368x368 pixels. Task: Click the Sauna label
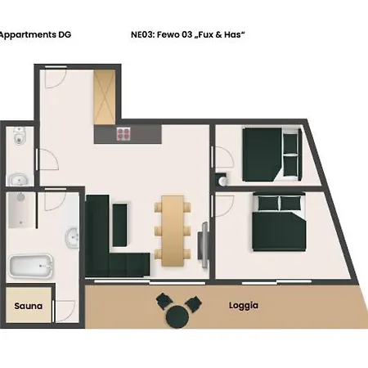28,306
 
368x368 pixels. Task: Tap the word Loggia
244,306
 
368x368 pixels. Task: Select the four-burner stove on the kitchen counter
123,134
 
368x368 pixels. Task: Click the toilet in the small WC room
19,136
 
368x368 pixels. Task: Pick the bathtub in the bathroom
31,266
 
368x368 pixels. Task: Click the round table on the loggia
177,316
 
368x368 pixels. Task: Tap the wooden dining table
173,231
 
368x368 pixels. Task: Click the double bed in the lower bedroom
279,222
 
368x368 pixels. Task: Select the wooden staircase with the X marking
105,97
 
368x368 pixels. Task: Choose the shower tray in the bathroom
21,210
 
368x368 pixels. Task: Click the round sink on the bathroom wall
72,238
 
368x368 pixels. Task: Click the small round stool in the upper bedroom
222,181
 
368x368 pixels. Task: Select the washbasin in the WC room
19,180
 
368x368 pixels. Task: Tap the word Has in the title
232,34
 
